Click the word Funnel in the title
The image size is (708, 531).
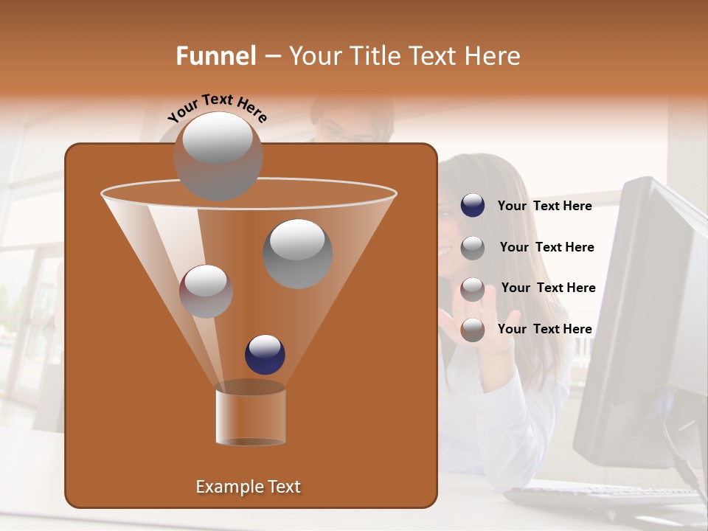click(216, 56)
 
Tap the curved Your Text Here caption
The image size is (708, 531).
click(217, 108)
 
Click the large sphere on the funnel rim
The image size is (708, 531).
click(218, 155)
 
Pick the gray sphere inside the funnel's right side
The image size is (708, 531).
click(298, 254)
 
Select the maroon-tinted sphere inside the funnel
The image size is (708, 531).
click(206, 291)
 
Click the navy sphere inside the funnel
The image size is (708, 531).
click(265, 354)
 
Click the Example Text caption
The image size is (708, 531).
click(249, 487)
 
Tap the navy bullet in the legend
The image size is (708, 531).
click(473, 206)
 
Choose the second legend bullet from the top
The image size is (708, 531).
click(473, 248)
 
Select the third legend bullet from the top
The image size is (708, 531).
click(473, 289)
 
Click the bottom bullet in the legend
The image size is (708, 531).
click(473, 330)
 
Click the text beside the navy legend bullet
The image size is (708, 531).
click(544, 206)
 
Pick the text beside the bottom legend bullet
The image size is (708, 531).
click(544, 329)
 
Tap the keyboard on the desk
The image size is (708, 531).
click(605, 497)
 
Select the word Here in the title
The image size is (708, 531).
click(493, 56)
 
